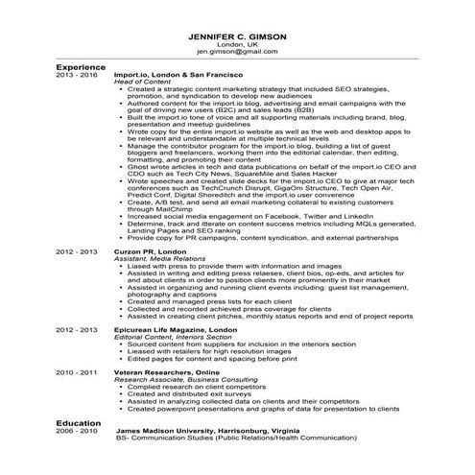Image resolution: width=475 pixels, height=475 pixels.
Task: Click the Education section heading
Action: tap(79, 422)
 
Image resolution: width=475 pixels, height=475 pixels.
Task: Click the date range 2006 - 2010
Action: tap(76, 431)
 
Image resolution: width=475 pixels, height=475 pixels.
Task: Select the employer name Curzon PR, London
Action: tap(155, 250)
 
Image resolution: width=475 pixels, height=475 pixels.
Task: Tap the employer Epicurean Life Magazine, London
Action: tap(187, 328)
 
